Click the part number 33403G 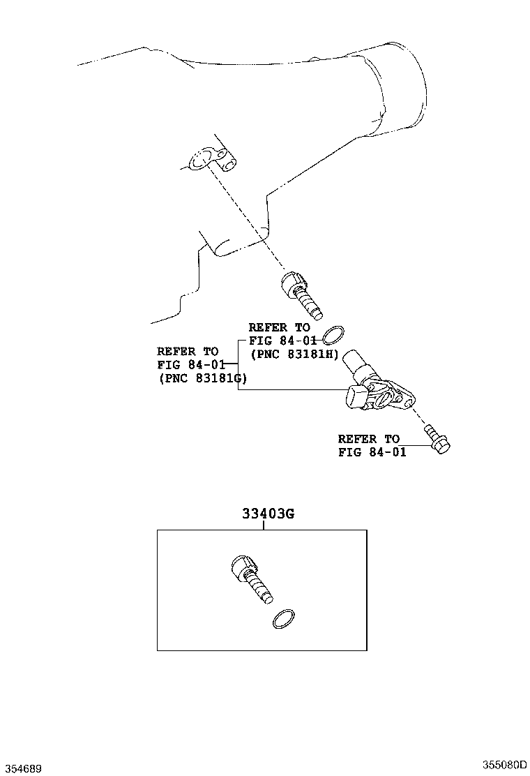(268, 514)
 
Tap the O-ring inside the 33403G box (283, 618)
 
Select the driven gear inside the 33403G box (252, 579)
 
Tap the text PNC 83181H (294, 354)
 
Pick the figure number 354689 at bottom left (22, 768)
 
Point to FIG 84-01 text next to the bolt (372, 452)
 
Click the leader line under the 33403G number (264, 525)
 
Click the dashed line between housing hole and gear (251, 223)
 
